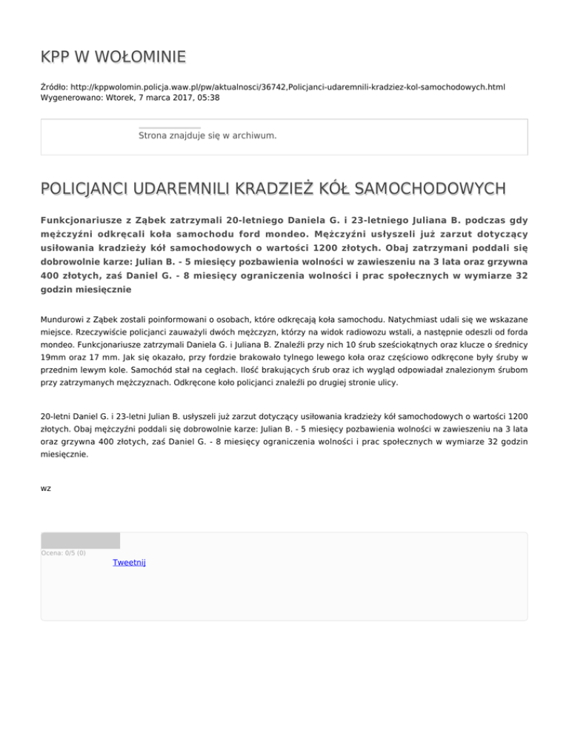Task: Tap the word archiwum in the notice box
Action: (x=253, y=136)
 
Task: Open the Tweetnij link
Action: (x=129, y=563)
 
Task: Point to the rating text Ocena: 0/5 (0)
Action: (x=63, y=552)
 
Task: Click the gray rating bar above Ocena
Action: (x=80, y=541)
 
